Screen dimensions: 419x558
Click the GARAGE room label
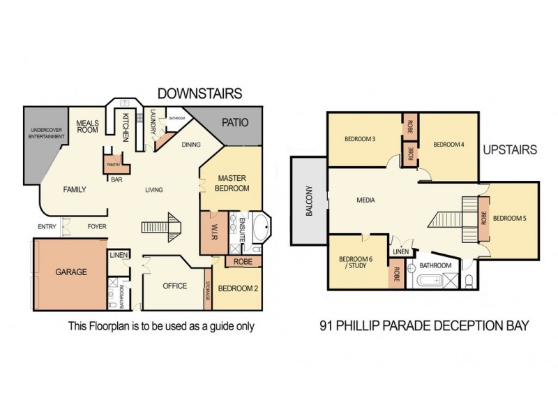71,272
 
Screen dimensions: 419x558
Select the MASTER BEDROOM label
232,183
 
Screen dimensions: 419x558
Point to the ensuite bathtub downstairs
261,228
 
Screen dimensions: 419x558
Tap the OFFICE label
175,286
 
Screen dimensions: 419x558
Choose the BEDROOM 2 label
237,288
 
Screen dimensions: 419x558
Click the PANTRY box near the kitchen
114,165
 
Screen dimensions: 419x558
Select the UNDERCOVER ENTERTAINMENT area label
45,135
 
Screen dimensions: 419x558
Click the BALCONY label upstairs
308,200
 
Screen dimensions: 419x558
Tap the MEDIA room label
365,200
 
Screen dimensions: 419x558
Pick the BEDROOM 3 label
361,139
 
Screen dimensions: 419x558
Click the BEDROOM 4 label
448,145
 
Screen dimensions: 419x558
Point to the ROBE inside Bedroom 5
483,218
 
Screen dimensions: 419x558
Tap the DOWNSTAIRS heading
199,93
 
